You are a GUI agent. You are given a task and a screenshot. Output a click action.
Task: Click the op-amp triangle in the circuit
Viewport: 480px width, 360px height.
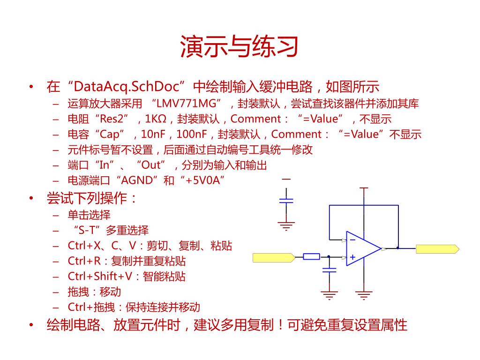coord(362,248)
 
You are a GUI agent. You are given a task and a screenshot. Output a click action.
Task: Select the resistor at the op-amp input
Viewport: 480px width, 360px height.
coord(311,256)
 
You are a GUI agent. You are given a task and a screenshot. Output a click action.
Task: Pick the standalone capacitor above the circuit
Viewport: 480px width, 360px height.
coord(286,201)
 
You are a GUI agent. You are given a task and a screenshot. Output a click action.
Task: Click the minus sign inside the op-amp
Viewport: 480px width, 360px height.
coord(352,240)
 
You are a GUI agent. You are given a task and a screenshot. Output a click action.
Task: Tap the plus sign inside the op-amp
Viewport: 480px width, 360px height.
coord(352,257)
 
